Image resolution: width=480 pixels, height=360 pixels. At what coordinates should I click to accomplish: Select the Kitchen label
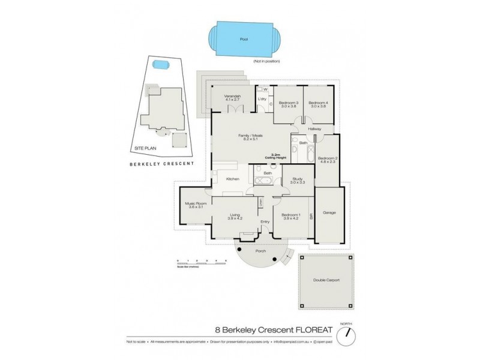pyautogui.click(x=233, y=179)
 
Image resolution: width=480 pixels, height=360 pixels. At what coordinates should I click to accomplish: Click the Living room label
pyautogui.click(x=235, y=217)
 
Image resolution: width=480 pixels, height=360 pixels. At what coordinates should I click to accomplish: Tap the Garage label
pyautogui.click(x=329, y=212)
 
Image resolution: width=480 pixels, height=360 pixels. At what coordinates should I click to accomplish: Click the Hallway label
pyautogui.click(x=316, y=129)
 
